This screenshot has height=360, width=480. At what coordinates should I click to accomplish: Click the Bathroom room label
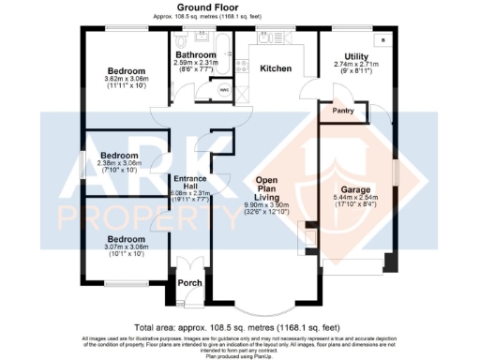pyautogui.click(x=198, y=55)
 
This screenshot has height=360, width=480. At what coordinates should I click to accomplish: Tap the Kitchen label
pyautogui.click(x=276, y=69)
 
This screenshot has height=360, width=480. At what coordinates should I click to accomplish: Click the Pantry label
pyautogui.click(x=342, y=111)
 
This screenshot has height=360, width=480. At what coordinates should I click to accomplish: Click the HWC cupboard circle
pyautogui.click(x=223, y=90)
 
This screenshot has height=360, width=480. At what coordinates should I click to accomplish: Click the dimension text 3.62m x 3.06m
pyautogui.click(x=125, y=78)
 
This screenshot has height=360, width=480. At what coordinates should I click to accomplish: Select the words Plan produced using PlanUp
pyautogui.click(x=239, y=356)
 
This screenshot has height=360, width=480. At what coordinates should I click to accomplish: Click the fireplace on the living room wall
pyautogui.click(x=305, y=233)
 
